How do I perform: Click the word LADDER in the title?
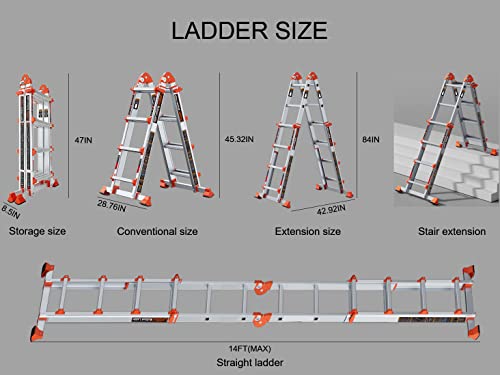pyautogui.click(x=220, y=31)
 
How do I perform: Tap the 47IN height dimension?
pyautogui.click(x=83, y=140)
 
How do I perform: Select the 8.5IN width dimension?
pyautogui.click(x=11, y=212)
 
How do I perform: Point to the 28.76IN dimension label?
pyautogui.click(x=112, y=206)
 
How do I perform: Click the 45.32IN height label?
pyautogui.click(x=239, y=139)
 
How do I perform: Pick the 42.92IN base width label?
pyautogui.click(x=331, y=210)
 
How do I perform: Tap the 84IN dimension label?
pyautogui.click(x=371, y=139)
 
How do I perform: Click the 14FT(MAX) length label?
pyautogui.click(x=250, y=349)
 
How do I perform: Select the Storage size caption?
pyautogui.click(x=37, y=231)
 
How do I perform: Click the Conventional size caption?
pyautogui.click(x=157, y=231)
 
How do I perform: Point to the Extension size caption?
pyautogui.click(x=308, y=231)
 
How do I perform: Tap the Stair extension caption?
pyautogui.click(x=452, y=231)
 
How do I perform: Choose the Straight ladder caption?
pyautogui.click(x=250, y=362)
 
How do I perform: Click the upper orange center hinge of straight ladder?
pyautogui.click(x=263, y=287)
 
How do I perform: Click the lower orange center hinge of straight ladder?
pyautogui.click(x=262, y=319)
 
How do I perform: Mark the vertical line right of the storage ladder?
pyautogui.click(x=69, y=136)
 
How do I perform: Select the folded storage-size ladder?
pyautogui.click(x=33, y=138)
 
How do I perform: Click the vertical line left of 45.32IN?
pyautogui.click(x=219, y=135)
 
